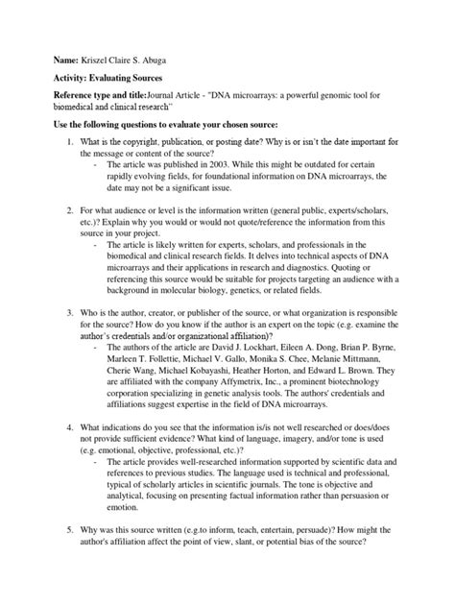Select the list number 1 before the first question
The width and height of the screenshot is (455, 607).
point(57,144)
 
